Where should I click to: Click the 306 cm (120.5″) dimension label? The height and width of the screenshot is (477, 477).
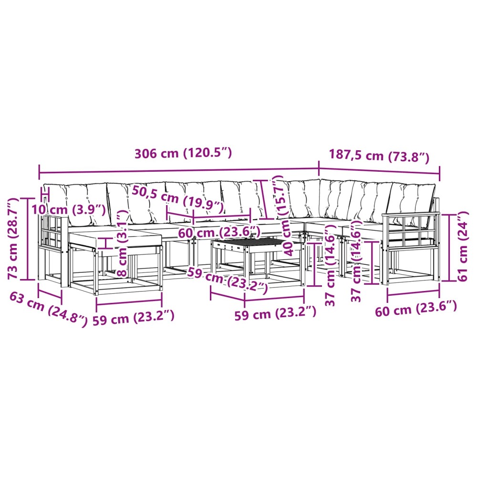coord(183,153)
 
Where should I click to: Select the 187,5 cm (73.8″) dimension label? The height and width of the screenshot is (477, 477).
coord(379,156)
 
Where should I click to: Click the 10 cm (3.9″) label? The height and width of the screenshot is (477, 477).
coord(69,209)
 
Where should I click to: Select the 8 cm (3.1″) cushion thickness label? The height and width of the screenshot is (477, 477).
coord(122,243)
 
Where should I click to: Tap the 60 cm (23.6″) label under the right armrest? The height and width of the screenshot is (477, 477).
coord(416,309)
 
